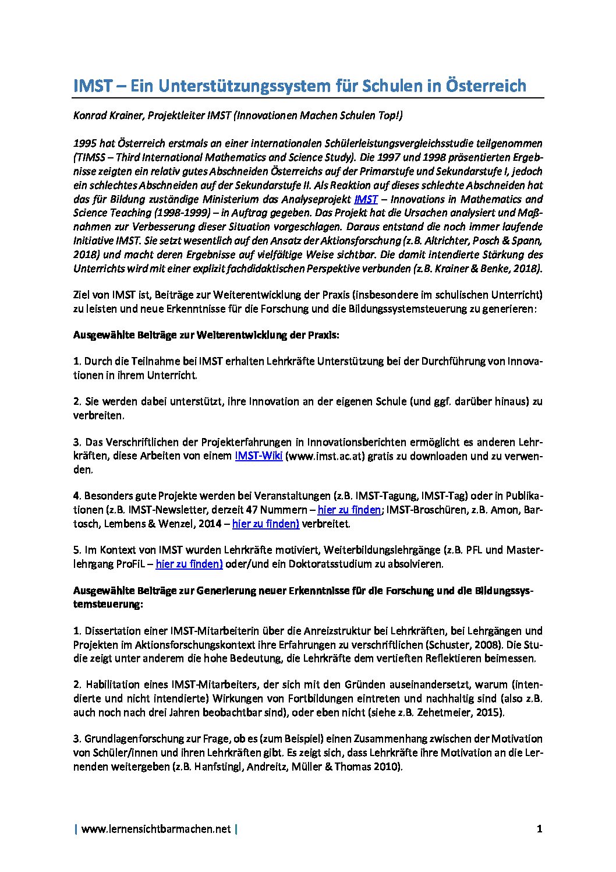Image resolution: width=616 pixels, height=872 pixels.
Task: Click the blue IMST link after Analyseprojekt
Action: [x=366, y=199]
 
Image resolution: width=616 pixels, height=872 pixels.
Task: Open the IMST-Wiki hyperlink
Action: [x=259, y=456]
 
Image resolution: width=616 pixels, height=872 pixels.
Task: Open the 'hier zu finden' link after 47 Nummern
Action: [x=349, y=510]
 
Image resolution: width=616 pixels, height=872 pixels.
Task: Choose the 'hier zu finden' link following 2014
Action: [x=265, y=524]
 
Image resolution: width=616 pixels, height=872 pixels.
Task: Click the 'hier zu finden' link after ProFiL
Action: [x=189, y=564]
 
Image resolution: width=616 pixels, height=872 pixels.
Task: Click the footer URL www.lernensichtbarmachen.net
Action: [x=156, y=829]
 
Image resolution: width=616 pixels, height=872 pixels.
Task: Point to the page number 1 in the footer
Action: [x=540, y=829]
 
